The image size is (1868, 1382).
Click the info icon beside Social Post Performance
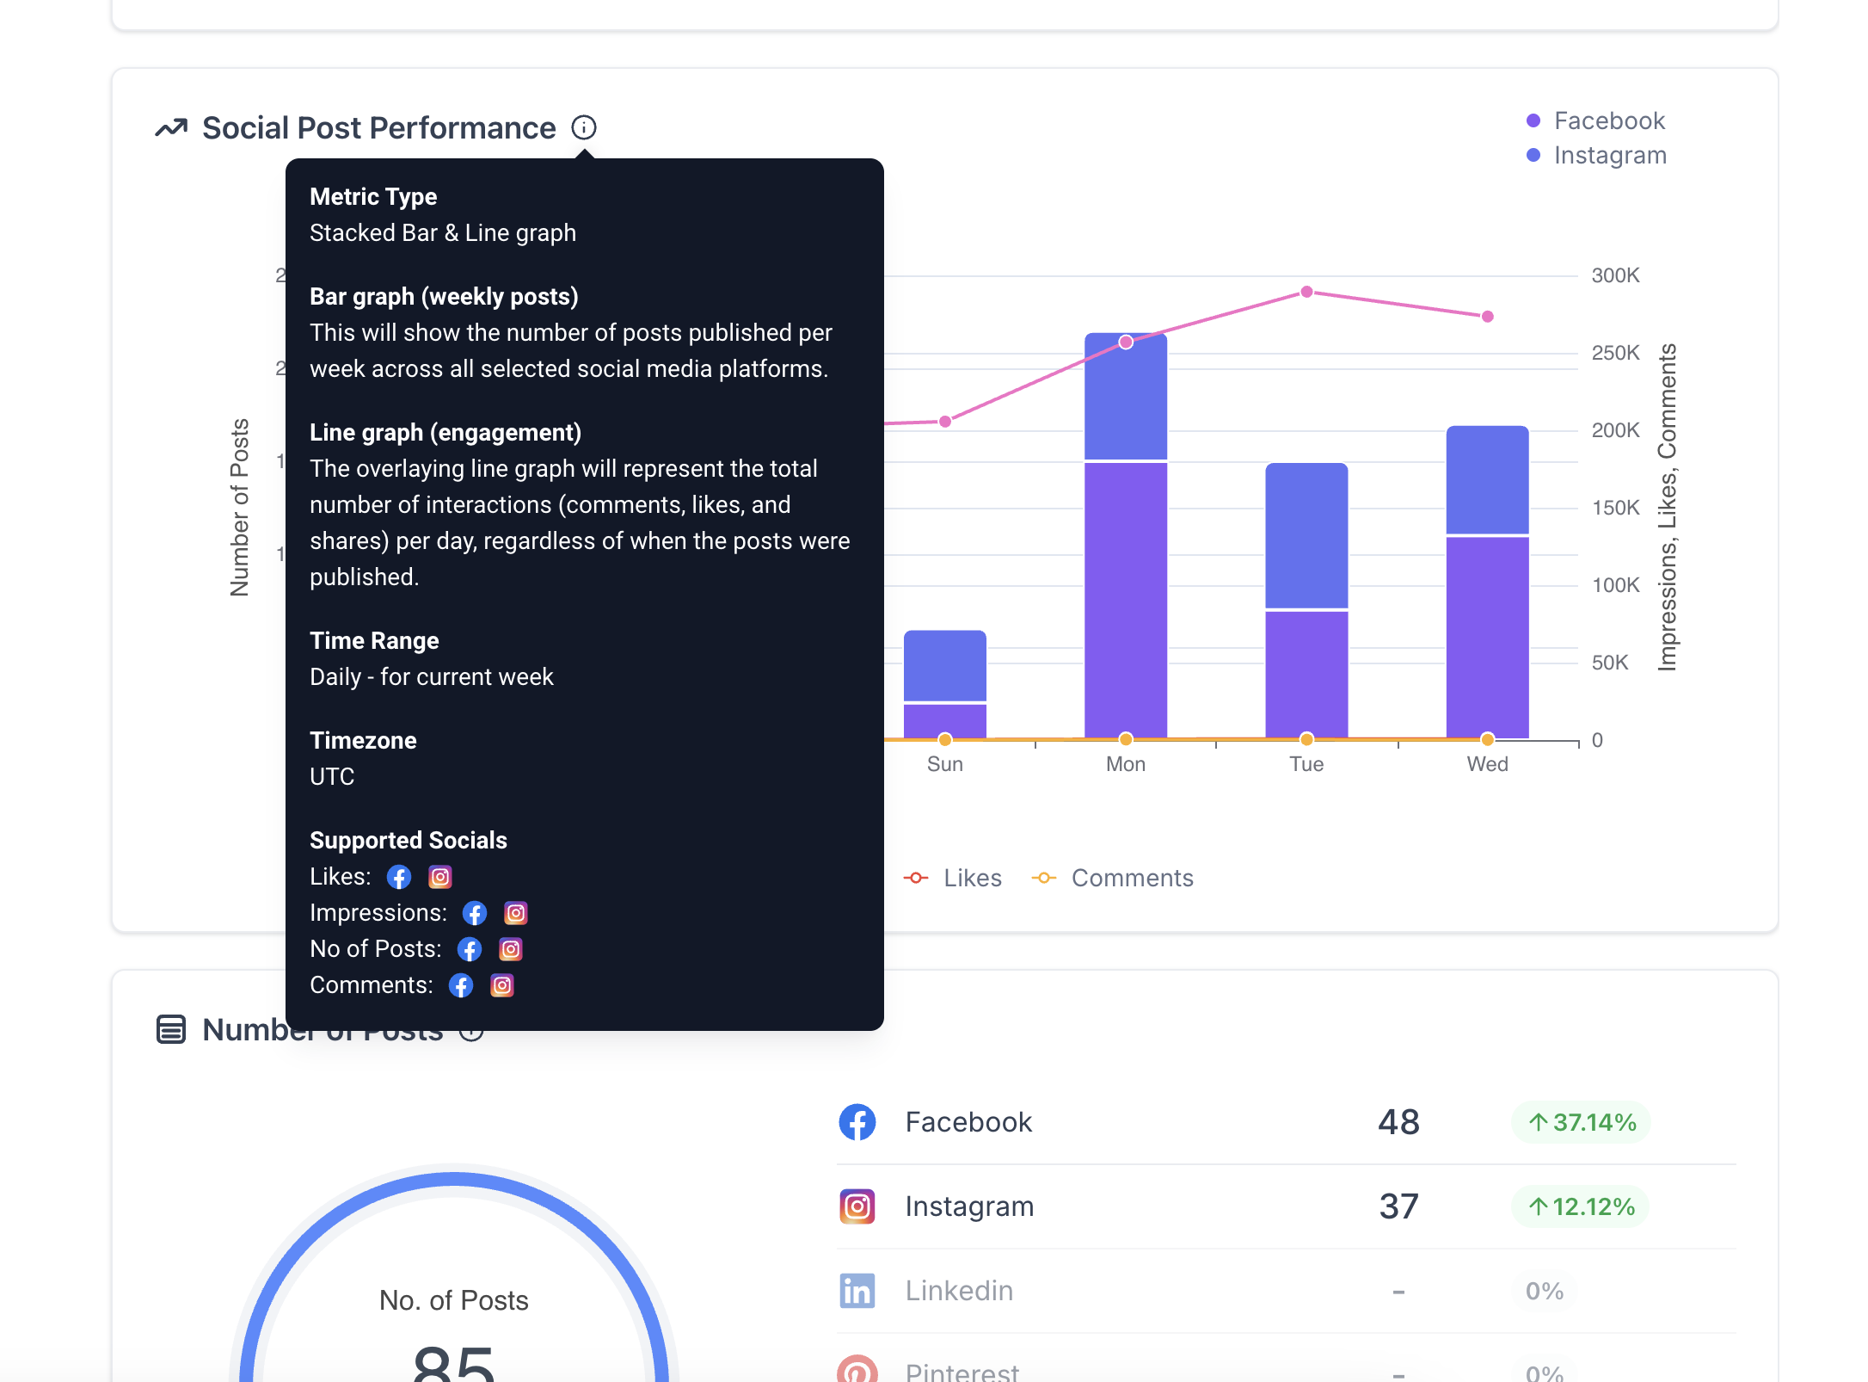[584, 127]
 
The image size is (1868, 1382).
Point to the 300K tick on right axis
[1615, 275]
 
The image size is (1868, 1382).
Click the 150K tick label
[1615, 508]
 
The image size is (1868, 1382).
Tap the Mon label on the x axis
[1125, 764]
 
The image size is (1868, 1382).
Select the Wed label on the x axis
[1487, 764]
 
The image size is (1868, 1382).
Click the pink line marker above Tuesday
[1306, 292]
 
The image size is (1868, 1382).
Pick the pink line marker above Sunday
[945, 422]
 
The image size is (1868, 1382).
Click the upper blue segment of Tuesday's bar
[1306, 535]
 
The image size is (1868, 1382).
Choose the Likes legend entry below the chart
[972, 878]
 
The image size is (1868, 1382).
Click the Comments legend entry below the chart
[1131, 878]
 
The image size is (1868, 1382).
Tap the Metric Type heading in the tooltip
[373, 196]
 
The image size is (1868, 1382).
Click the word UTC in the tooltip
[332, 776]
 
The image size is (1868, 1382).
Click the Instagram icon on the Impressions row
[515, 913]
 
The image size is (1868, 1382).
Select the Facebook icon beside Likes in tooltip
[399, 877]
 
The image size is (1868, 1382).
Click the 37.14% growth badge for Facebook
[1581, 1122]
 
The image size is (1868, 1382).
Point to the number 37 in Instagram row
[1398, 1206]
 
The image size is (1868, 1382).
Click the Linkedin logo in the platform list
[857, 1291]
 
